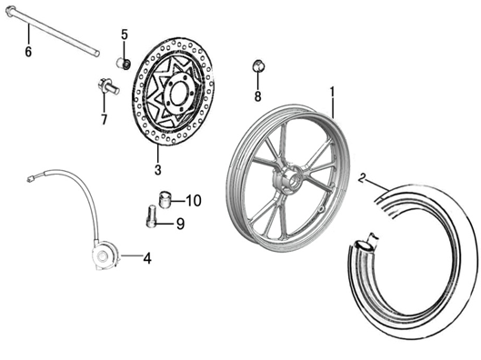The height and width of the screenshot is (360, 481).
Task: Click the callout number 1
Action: [333, 91]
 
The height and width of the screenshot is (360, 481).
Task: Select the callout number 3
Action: [157, 170]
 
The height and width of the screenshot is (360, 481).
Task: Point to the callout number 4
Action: [147, 257]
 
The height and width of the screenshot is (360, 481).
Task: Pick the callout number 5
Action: [125, 35]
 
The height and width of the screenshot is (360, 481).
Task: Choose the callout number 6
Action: [28, 52]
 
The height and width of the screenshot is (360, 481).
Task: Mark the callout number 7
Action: [104, 119]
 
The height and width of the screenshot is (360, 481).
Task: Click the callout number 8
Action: [257, 96]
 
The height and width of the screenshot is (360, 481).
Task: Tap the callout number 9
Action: [180, 223]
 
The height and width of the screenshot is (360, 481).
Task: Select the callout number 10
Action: [193, 200]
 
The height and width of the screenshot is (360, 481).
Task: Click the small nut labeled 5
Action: [123, 62]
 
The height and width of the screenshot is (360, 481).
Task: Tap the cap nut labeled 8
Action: [257, 66]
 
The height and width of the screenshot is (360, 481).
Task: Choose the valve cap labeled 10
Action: [165, 199]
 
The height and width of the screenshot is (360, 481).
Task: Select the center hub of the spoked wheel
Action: [290, 179]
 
